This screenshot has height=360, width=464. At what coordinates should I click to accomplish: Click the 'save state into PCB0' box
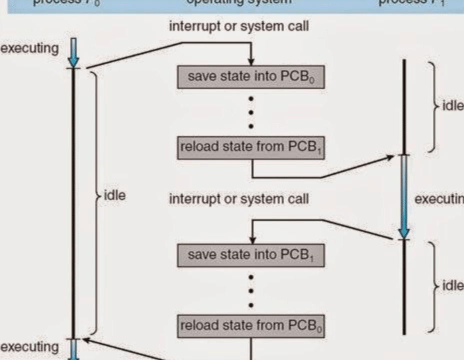(250, 77)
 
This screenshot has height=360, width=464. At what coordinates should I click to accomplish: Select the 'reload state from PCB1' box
(250, 147)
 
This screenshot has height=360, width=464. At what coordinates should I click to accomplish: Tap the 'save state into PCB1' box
(250, 255)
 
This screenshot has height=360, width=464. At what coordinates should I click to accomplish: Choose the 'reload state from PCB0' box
(250, 326)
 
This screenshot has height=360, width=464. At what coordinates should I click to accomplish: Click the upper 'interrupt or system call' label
(238, 26)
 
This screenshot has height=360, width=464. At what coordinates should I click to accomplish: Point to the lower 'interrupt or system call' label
(238, 199)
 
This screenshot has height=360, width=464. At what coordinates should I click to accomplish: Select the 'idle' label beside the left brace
(114, 195)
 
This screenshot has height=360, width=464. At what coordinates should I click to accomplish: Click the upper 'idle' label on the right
(452, 106)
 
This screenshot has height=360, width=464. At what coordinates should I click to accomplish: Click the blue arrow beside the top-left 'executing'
(74, 52)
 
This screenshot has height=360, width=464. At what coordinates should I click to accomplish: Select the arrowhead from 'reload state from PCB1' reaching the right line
(390, 158)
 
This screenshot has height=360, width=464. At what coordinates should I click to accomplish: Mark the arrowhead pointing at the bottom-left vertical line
(86, 341)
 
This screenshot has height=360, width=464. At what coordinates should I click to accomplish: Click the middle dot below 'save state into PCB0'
(251, 111)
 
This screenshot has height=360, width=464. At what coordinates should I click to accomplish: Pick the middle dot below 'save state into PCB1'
(251, 290)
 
